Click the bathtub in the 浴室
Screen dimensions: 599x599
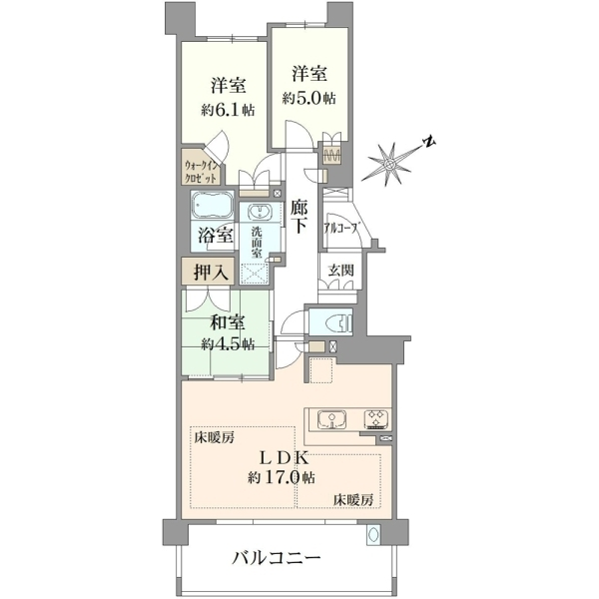(213, 205)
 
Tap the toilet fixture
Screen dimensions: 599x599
(338, 321)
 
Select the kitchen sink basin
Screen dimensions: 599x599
(332, 420)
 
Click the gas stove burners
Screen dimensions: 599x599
(376, 419)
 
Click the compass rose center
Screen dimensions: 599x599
(389, 165)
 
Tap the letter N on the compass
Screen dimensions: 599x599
(429, 142)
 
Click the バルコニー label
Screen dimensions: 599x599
(277, 559)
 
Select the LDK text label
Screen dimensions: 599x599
(284, 457)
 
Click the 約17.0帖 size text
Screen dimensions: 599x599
(282, 477)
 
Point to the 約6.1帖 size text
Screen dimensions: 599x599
(228, 110)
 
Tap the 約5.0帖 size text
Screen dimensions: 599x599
(309, 98)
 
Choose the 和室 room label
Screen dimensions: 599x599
(228, 323)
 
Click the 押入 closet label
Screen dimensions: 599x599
(212, 272)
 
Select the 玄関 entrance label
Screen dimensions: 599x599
(341, 271)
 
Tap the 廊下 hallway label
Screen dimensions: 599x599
(299, 217)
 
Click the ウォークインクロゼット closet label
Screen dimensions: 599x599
(202, 172)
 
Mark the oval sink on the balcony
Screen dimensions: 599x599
(373, 535)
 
